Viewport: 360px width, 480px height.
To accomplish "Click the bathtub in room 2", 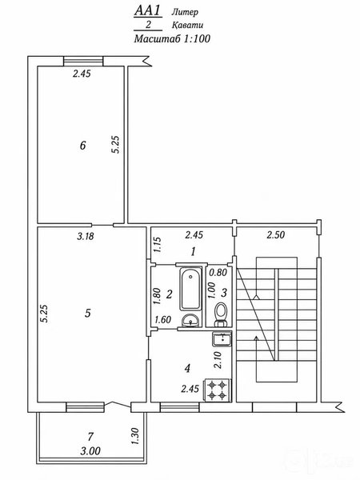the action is click(190, 290).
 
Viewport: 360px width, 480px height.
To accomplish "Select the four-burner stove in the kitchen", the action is click(218, 390).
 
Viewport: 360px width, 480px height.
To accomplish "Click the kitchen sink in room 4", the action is click(222, 339).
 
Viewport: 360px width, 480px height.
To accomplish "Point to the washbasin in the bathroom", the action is click(190, 321).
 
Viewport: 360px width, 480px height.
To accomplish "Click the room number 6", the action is click(82, 146).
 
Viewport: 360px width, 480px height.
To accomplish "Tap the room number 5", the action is click(88, 313).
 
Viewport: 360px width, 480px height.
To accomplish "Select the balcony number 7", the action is click(90, 436).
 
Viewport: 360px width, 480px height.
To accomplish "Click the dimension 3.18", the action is click(86, 236).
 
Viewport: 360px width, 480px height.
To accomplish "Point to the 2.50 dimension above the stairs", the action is click(275, 234).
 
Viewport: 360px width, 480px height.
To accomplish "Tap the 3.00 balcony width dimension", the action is click(90, 451).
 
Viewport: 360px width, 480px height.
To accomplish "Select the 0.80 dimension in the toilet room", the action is click(218, 272).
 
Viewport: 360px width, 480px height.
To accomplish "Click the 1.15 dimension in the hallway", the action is click(158, 244).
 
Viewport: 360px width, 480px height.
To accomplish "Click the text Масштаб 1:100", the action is click(172, 39).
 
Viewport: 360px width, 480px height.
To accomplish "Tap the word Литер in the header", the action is click(185, 12).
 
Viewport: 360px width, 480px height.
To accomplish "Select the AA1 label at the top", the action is click(147, 11).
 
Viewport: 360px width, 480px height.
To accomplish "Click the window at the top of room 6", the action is click(83, 61).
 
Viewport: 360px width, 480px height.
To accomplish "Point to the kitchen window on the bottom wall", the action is click(180, 407).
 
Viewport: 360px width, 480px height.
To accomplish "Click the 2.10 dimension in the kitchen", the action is click(218, 360).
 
